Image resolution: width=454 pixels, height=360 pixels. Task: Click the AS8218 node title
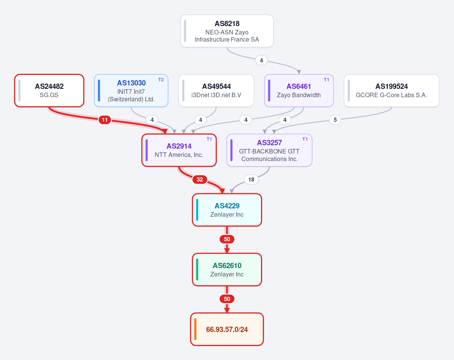tap(227, 23)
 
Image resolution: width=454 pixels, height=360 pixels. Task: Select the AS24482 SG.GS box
tap(49, 90)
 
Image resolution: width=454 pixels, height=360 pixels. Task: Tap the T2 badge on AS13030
tap(161, 80)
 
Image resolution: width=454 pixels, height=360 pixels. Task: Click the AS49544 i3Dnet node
tap(216, 90)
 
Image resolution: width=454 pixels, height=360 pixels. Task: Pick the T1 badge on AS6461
tap(327, 80)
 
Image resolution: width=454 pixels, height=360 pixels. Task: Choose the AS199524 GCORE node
tap(392, 90)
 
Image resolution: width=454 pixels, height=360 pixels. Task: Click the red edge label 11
tap(105, 120)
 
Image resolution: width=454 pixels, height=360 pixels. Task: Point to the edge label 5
tap(335, 120)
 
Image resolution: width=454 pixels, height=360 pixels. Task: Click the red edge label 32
tap(200, 180)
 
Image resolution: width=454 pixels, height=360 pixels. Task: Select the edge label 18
tap(251, 180)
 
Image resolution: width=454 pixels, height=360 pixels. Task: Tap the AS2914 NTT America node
tap(179, 150)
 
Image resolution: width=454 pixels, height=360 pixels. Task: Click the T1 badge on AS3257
tap(305, 139)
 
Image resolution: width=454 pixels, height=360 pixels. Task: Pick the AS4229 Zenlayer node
tap(227, 210)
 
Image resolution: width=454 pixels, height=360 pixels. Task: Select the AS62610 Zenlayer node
tap(227, 270)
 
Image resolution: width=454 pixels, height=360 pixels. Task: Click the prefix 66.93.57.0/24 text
tap(227, 329)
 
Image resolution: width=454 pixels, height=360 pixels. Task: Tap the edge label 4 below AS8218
tap(261, 61)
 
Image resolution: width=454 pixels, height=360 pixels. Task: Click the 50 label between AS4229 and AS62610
tap(227, 239)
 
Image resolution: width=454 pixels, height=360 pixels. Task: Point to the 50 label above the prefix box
tap(227, 299)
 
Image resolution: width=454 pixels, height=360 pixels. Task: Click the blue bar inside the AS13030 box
tap(99, 90)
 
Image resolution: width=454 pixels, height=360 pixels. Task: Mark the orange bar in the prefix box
tap(195, 329)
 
